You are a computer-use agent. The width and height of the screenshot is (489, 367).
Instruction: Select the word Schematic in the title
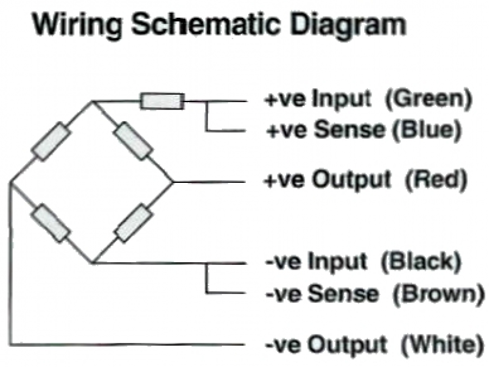pyautogui.click(x=205, y=24)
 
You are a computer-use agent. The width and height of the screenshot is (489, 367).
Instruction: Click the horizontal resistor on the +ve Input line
pyautogui.click(x=162, y=101)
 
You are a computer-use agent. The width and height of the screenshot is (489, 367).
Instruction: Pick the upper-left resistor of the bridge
pyautogui.click(x=51, y=141)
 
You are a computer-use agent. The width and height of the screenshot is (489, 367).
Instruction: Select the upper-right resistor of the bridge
pyautogui.click(x=133, y=141)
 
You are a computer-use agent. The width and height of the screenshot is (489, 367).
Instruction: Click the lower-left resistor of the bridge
pyautogui.click(x=51, y=223)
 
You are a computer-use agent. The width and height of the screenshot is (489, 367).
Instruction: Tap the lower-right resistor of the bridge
pyautogui.click(x=133, y=223)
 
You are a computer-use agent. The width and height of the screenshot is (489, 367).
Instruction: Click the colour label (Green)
pyautogui.click(x=429, y=100)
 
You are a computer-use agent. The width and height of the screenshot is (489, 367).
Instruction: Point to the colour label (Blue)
pyautogui.click(x=427, y=130)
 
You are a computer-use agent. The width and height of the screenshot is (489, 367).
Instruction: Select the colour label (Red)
pyautogui.click(x=436, y=180)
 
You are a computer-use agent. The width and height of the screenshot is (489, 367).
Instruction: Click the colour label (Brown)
pyautogui.click(x=439, y=294)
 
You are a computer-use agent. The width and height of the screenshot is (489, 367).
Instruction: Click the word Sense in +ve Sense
pyautogui.click(x=349, y=130)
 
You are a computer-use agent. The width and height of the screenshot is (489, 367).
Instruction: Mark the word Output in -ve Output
pyautogui.click(x=347, y=345)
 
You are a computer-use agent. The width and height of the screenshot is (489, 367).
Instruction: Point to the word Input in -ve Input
pyautogui.click(x=337, y=262)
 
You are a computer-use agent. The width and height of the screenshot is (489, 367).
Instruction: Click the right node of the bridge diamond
pyautogui.click(x=173, y=182)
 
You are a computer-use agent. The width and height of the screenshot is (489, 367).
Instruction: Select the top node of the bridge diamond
pyautogui.click(x=92, y=101)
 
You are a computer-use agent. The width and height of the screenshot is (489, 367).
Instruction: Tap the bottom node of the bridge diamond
pyautogui.click(x=92, y=263)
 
